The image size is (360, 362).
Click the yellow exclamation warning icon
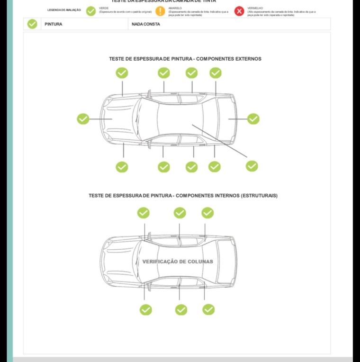[161, 11]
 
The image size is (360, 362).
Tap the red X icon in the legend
[239, 11]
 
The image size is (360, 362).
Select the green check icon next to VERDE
[91, 11]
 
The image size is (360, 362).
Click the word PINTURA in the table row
[54, 24]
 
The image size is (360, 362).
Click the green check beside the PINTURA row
[32, 24]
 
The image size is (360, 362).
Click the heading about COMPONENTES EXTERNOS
[185, 59]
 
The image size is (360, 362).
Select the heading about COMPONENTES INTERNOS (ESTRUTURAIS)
[183, 195]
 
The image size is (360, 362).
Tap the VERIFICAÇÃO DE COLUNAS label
[178, 262]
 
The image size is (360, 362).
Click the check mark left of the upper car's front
[83, 119]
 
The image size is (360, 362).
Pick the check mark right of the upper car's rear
[253, 119]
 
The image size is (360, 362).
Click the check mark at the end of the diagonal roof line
[252, 166]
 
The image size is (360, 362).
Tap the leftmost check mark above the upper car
[122, 73]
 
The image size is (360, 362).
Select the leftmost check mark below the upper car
[122, 167]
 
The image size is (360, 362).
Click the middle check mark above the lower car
[180, 213]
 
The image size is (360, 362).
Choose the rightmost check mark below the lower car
[208, 309]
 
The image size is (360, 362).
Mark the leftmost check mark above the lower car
[143, 213]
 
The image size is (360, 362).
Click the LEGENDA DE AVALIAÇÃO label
[64, 10]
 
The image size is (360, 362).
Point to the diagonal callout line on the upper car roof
[219, 141]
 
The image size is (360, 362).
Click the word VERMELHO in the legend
[255, 8]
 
